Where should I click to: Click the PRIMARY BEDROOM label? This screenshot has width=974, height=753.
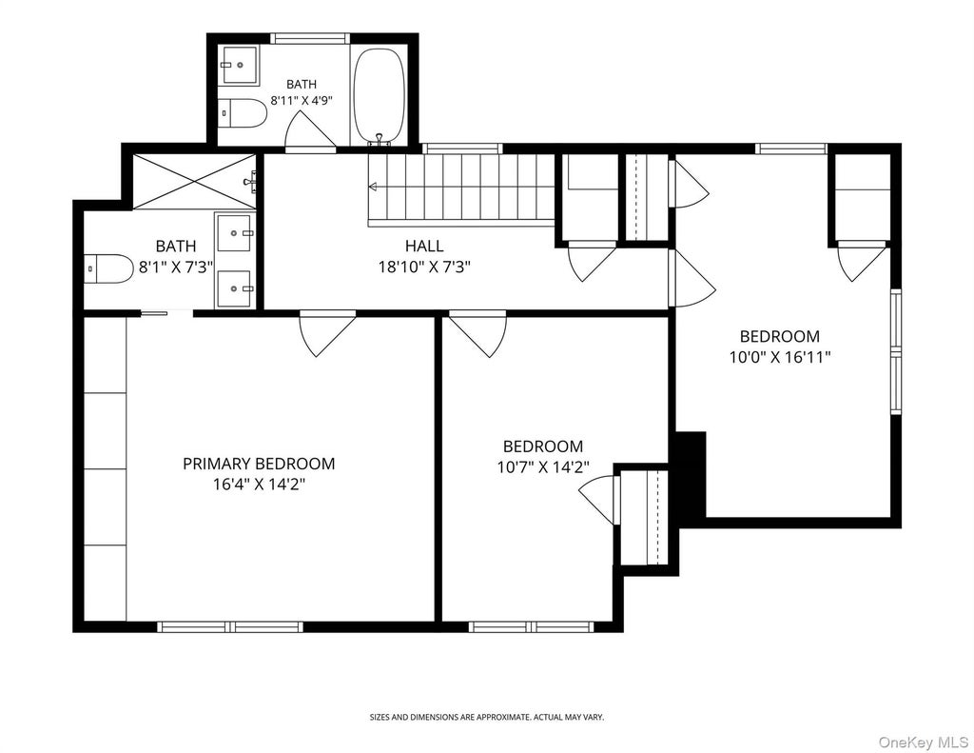(x=259, y=464)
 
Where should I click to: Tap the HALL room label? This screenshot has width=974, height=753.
(x=424, y=246)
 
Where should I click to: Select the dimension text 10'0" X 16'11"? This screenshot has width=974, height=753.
(x=780, y=358)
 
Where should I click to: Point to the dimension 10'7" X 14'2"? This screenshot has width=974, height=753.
(x=543, y=467)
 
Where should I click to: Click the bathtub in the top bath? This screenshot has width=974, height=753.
(x=380, y=96)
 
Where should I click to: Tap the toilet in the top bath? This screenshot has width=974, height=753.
(x=243, y=112)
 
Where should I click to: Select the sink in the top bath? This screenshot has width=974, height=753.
(x=240, y=65)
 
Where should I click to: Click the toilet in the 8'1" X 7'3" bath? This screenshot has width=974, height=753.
(x=108, y=268)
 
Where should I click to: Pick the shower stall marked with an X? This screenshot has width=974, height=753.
(x=194, y=182)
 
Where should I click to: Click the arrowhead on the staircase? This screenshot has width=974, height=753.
(x=373, y=187)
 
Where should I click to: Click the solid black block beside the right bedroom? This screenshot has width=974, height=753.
(x=691, y=474)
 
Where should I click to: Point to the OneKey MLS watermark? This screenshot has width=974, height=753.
(x=924, y=742)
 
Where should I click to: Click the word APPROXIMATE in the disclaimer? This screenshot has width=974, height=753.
(x=494, y=717)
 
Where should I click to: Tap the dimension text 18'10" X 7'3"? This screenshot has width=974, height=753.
(x=424, y=268)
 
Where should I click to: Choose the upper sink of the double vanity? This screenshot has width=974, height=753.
(x=234, y=232)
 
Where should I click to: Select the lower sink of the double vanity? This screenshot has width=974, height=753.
(x=234, y=289)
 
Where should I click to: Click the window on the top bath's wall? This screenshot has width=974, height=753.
(x=310, y=38)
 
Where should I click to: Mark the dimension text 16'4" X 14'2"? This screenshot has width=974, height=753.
(x=259, y=485)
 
